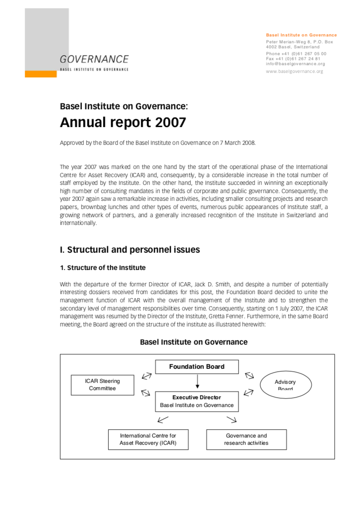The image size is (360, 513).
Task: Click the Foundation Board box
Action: pos(197,367)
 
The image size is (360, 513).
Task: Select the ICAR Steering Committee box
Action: pos(102,385)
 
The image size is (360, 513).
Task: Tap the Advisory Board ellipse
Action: pos(285,385)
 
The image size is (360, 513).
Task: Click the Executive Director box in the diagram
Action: pos(197,401)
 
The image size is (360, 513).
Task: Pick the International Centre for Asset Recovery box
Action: pos(148,439)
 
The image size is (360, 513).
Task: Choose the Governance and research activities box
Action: pos(246,439)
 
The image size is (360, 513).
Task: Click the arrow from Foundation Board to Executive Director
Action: pos(197,381)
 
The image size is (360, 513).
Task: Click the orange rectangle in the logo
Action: pos(41,74)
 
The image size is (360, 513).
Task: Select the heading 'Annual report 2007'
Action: pos(123,122)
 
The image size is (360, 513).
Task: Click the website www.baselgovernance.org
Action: pos(294,71)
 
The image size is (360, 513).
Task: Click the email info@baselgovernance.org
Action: pos(295,64)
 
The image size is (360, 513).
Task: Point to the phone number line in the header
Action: pos(296,54)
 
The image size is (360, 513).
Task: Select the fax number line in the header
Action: pos(293,59)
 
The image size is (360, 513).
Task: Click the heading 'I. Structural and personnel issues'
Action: pos(130,250)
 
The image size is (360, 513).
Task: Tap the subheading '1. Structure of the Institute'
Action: pos(102,268)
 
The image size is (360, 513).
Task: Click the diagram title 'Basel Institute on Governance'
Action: pos(193,342)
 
